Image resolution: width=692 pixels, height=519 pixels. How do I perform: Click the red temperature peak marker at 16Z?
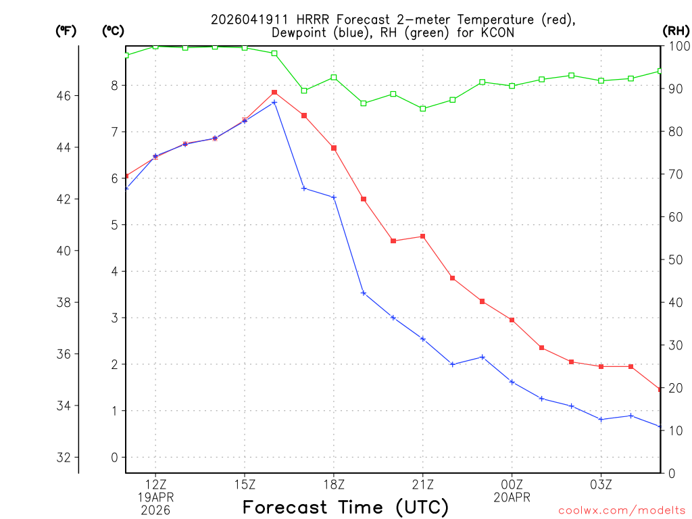[x=274, y=93]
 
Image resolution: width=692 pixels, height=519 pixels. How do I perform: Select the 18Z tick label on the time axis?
[x=334, y=484]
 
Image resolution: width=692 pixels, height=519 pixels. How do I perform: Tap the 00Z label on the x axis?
[x=512, y=484]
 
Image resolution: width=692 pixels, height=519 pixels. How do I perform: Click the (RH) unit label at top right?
[x=675, y=30]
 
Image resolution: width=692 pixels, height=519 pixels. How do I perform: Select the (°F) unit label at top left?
[x=66, y=30]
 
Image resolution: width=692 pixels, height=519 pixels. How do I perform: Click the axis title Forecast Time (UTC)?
[x=345, y=507]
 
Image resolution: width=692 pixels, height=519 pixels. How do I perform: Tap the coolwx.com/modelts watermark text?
[x=622, y=511]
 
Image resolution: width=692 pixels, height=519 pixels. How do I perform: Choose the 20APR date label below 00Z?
[x=512, y=497]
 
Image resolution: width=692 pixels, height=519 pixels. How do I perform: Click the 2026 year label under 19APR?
[x=156, y=510]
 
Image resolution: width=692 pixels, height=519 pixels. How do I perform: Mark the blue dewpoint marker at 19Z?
[x=364, y=293]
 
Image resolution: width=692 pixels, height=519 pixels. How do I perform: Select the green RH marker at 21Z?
[x=423, y=109]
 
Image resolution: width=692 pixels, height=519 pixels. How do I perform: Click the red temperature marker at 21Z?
[x=423, y=237]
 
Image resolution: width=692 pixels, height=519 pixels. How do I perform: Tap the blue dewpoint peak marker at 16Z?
[x=274, y=103]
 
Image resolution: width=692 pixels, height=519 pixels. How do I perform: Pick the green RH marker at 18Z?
[x=334, y=78]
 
